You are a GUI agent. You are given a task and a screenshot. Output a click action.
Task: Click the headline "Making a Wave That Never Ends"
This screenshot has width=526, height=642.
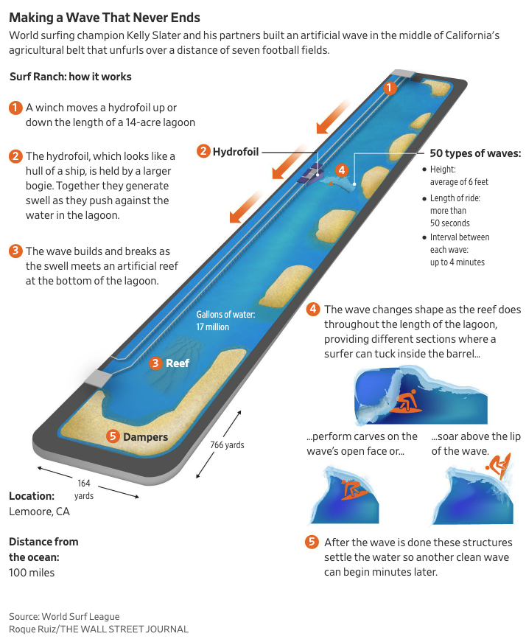[x=105, y=17]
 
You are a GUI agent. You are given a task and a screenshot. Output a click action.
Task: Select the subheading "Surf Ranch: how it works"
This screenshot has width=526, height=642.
[x=71, y=77]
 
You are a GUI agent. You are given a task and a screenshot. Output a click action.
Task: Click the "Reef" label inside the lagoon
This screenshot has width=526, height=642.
[x=178, y=363]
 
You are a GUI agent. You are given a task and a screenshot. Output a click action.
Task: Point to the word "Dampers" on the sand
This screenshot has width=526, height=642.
[x=145, y=436]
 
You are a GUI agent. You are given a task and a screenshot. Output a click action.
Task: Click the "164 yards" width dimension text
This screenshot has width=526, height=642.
[x=84, y=489]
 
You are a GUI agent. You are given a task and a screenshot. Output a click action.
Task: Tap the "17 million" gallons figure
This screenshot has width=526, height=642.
[x=213, y=327]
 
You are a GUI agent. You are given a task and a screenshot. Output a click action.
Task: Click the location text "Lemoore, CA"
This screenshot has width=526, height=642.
[x=39, y=511]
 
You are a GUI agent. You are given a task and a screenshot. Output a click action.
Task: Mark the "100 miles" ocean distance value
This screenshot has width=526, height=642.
[x=32, y=572]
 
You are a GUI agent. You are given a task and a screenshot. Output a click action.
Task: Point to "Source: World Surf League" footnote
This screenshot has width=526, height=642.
[x=64, y=616]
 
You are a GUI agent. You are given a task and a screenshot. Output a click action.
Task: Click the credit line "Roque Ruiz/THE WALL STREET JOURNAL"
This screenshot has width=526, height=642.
[x=99, y=629]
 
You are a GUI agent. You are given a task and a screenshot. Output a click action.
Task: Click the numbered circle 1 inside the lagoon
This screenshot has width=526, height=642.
[x=390, y=88]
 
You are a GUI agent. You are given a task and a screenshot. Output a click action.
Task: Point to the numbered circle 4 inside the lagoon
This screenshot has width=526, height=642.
[x=340, y=170]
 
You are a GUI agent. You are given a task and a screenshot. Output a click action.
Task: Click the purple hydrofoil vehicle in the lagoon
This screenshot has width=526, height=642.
[x=307, y=175]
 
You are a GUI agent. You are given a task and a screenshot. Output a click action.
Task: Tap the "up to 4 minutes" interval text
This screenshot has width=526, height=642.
[x=457, y=262]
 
